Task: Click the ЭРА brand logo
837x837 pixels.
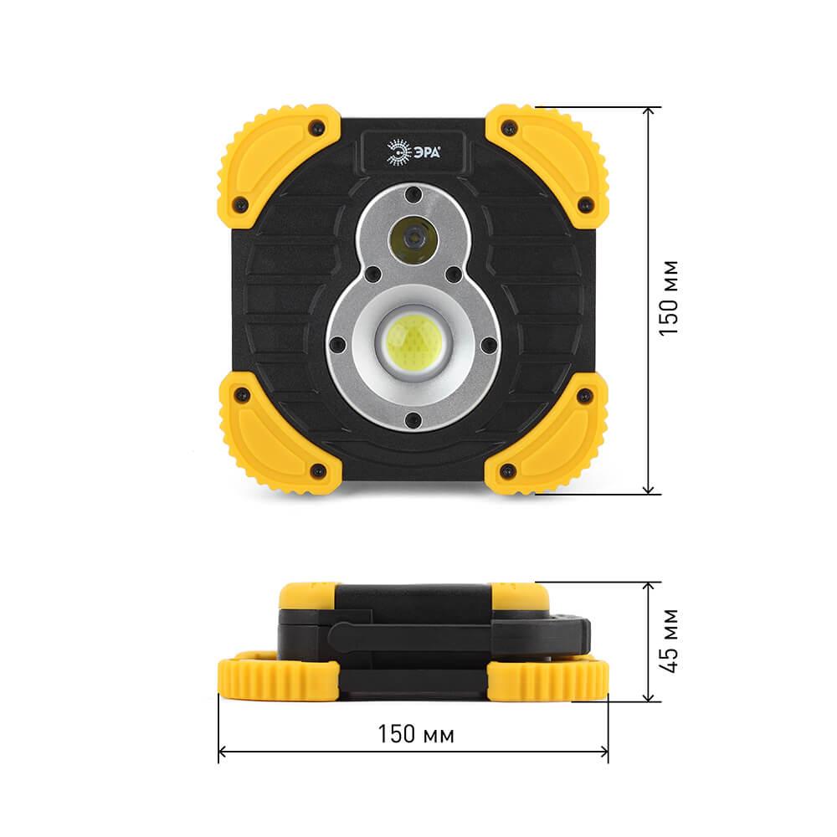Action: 413,152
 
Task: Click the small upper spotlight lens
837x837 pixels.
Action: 413,239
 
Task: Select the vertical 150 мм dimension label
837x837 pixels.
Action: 669,299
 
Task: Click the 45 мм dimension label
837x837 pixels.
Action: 669,640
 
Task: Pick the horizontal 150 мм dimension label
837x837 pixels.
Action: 416,735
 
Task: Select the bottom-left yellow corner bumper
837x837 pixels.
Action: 279,434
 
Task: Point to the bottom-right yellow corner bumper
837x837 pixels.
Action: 547,434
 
